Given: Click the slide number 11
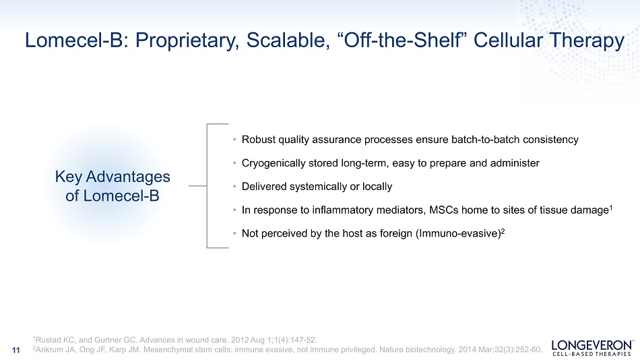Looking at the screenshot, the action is coord(16,350).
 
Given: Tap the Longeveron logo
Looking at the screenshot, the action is coord(592,348).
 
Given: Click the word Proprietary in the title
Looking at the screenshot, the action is coord(187,41).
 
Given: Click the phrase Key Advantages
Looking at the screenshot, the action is coord(113,177).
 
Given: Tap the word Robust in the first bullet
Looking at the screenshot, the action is coord(259,140).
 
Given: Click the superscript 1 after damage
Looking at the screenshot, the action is coord(610,208).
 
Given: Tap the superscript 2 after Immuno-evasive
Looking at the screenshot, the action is coord(503,231).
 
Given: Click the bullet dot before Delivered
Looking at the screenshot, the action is coord(234,187).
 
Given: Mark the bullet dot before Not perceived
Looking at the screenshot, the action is coord(234,234).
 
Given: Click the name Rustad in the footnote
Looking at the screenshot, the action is coord(47,340).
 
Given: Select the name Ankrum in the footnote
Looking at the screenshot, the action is coord(49,350).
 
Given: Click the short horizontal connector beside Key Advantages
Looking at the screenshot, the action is coord(198,186).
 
